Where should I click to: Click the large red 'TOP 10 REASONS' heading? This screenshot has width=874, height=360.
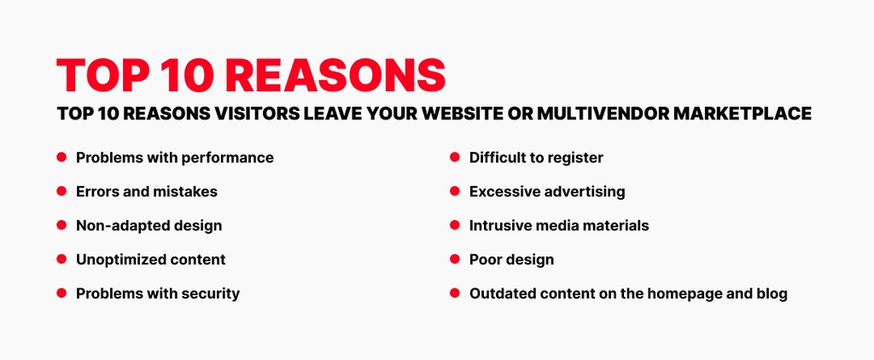click(x=251, y=76)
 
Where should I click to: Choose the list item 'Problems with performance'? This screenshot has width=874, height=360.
click(x=174, y=158)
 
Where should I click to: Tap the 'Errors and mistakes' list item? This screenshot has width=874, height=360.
click(x=146, y=192)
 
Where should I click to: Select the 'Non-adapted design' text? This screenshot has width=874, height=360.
click(x=149, y=226)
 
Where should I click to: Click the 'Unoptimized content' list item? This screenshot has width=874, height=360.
click(x=150, y=259)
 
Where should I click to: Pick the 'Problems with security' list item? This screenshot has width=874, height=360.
click(x=157, y=293)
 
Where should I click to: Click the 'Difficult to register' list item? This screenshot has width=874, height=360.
click(x=536, y=158)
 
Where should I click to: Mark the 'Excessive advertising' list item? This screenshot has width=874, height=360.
click(x=546, y=192)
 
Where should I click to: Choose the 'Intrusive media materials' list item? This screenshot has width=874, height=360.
click(x=558, y=226)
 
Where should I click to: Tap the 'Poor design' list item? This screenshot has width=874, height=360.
click(x=511, y=259)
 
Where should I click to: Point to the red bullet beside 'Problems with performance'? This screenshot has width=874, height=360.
click(x=61, y=158)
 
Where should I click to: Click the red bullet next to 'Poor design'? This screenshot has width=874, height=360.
click(x=455, y=259)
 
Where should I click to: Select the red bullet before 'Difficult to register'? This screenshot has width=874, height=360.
click(x=455, y=158)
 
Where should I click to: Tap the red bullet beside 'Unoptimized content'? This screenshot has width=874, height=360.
click(x=61, y=259)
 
